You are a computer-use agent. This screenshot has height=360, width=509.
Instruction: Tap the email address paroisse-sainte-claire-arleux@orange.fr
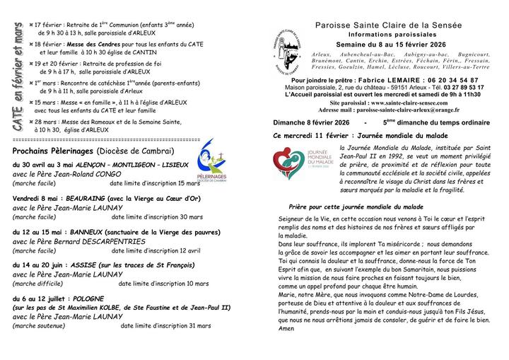tap(409, 110)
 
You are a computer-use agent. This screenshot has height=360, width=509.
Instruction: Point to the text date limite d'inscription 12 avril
tap(156, 250)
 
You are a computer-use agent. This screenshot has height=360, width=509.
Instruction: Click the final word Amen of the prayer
tap(267, 328)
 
